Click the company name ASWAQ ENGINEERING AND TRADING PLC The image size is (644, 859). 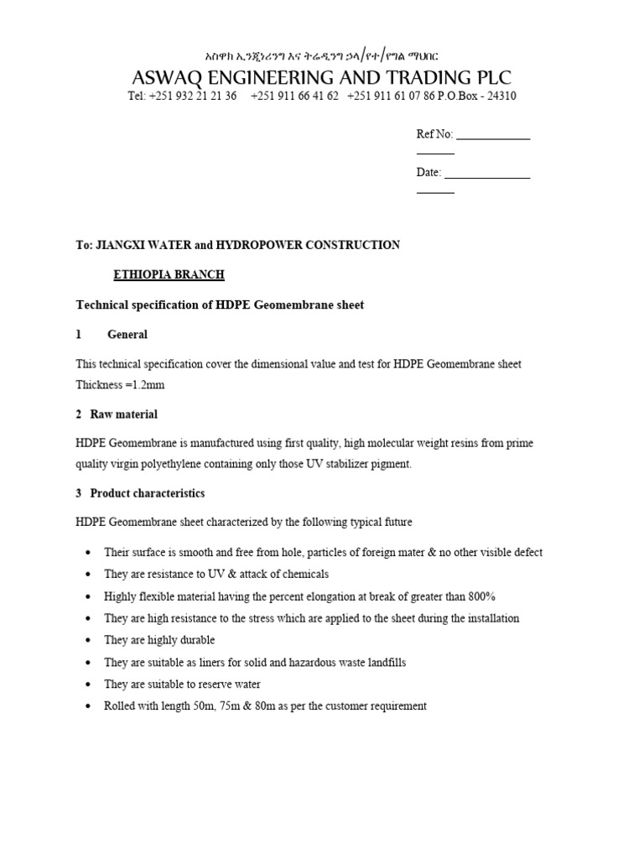pyautogui.click(x=321, y=77)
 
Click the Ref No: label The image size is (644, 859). pyautogui.click(x=434, y=134)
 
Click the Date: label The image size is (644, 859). pyautogui.click(x=428, y=172)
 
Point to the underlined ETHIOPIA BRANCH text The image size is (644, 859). pyautogui.click(x=169, y=275)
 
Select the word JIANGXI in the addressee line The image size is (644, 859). pyautogui.click(x=126, y=246)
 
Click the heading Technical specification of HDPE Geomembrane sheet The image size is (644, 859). pyautogui.click(x=220, y=305)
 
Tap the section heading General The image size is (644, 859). pyautogui.click(x=127, y=335)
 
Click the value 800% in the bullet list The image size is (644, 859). pyautogui.click(x=481, y=596)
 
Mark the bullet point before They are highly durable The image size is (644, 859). pyautogui.click(x=89, y=641)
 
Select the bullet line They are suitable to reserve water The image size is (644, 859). pyautogui.click(x=182, y=685)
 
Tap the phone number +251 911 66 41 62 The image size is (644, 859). pyautogui.click(x=294, y=96)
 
